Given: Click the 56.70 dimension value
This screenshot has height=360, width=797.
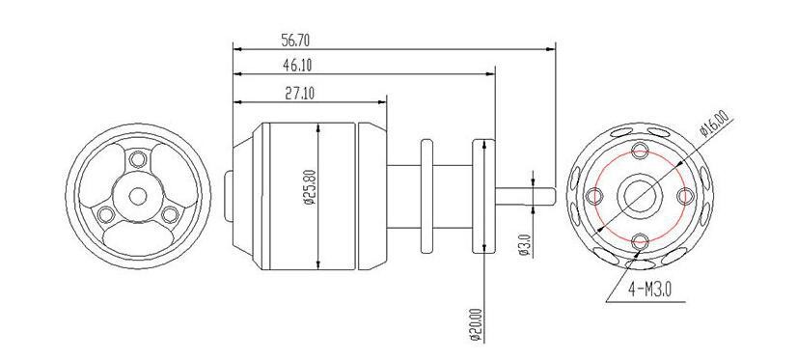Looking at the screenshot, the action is pyautogui.click(x=296, y=41).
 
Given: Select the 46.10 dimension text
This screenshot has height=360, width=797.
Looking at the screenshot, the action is pyautogui.click(x=297, y=65).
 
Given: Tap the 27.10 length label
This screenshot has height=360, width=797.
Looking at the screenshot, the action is pyautogui.click(x=299, y=94).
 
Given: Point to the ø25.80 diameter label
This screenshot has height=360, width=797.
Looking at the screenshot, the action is pyautogui.click(x=310, y=188).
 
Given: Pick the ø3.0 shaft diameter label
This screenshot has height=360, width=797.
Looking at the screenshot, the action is pyautogui.click(x=525, y=244).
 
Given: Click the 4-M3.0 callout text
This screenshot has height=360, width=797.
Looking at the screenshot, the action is pyautogui.click(x=650, y=290).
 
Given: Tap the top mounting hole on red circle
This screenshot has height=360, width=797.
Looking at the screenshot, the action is pyautogui.click(x=640, y=150).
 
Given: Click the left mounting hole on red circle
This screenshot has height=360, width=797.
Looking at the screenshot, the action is pyautogui.click(x=594, y=195).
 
